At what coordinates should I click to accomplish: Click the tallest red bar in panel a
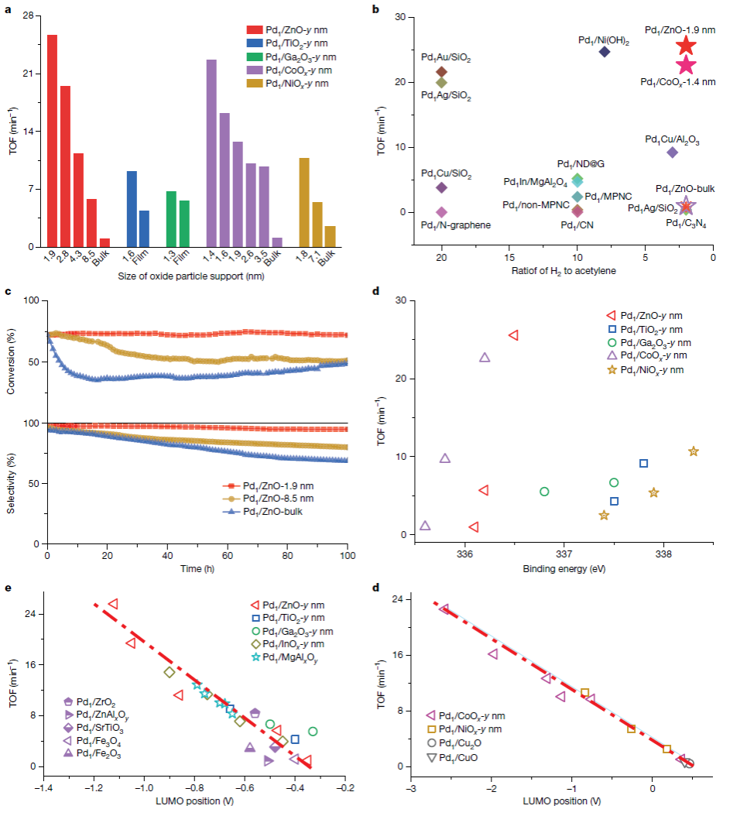[52, 140]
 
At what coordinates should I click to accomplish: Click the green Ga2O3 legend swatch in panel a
[252, 57]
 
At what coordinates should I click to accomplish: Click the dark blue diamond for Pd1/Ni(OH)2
[605, 52]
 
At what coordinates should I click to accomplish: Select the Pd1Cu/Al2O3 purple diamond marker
[672, 153]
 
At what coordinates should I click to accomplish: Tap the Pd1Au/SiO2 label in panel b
[446, 57]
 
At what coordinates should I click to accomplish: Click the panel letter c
[8, 292]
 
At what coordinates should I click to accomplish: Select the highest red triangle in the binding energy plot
[512, 335]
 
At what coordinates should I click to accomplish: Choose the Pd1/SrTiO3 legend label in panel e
[101, 728]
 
